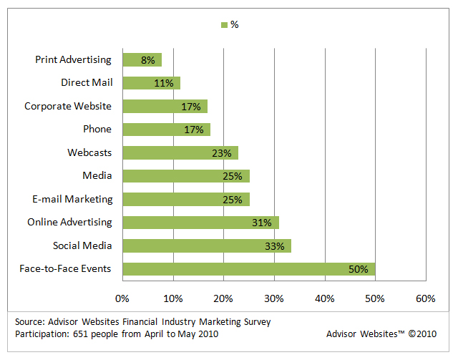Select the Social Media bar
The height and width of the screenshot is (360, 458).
point(207,246)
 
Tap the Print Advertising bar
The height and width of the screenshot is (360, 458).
point(142,59)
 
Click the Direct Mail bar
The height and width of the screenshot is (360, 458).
point(151,83)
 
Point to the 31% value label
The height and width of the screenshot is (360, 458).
point(261,223)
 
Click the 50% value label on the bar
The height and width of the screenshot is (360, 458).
point(358,269)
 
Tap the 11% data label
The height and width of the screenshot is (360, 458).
point(163,83)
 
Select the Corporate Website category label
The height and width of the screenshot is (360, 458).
point(68,106)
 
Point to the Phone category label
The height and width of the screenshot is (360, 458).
point(97,130)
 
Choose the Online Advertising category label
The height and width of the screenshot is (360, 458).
point(70,223)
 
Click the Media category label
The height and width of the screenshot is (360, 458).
point(97,176)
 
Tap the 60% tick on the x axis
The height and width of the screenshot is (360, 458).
point(425,297)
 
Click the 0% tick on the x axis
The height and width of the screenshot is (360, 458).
point(122,297)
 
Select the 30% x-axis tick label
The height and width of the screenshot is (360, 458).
point(274,297)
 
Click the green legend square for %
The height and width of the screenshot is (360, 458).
point(224,25)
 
